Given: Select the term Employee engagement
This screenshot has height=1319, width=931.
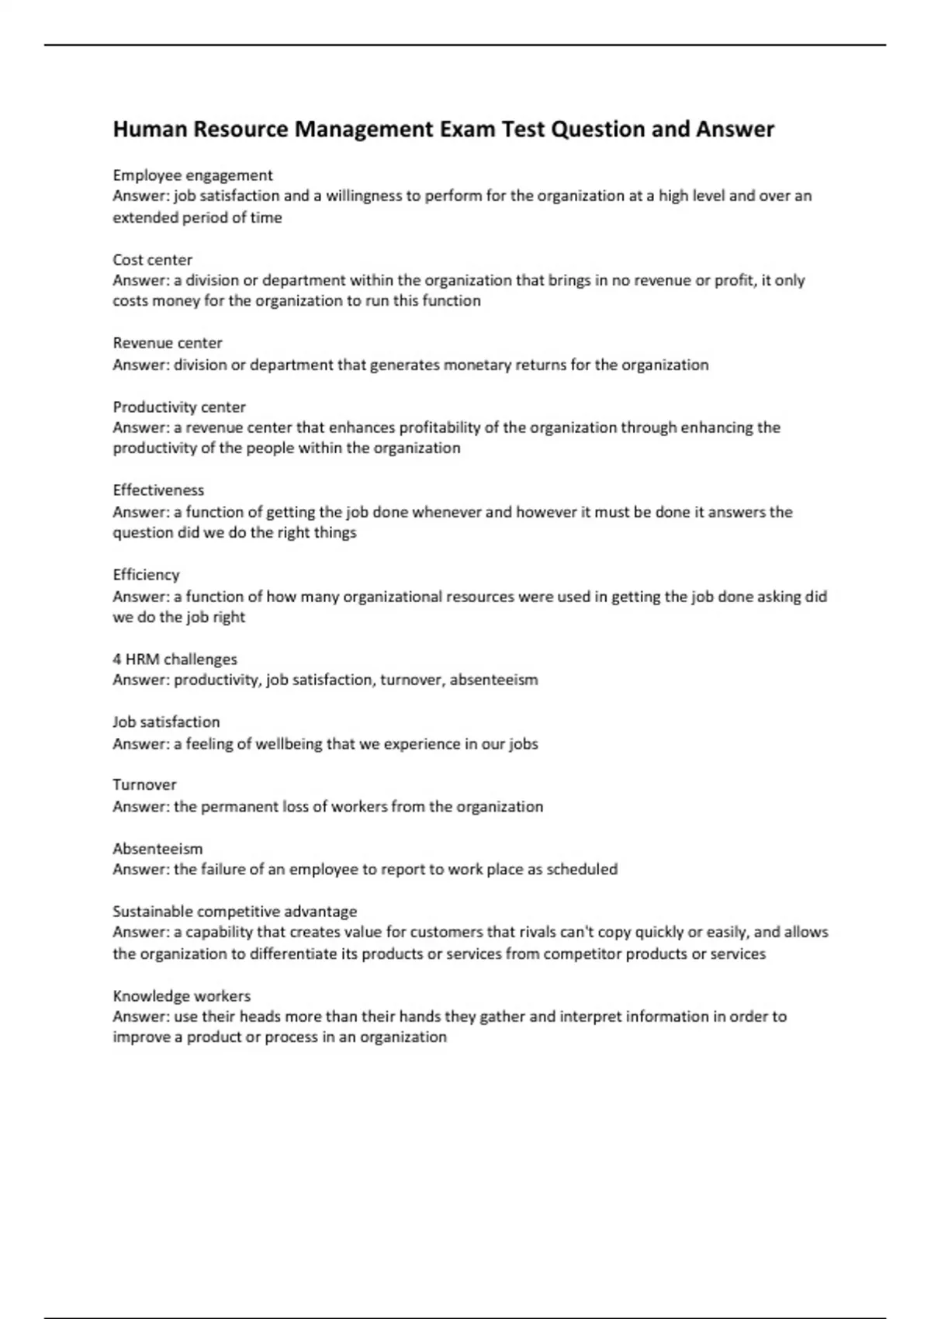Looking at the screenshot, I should coord(192,175).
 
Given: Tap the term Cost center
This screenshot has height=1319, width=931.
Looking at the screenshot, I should coord(152,260).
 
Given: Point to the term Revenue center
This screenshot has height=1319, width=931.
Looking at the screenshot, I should coord(168,343).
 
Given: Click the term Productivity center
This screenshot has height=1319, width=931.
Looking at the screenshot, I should coord(179,407).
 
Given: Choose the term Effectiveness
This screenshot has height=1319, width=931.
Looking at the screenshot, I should coord(158,490).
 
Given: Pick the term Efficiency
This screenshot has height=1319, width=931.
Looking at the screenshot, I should coord(146,575).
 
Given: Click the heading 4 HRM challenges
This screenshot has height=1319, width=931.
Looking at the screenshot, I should coord(175,659).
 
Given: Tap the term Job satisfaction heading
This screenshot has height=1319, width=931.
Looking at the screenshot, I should coord(166,722).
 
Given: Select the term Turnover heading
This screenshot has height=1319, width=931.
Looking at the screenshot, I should coord(144,784).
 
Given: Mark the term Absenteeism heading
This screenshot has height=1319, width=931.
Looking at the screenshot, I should coord(157,849).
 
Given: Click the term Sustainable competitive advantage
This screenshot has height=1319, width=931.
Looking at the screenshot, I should coord(234,912).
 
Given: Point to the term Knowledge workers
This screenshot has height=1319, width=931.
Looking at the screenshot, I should coord(182,996).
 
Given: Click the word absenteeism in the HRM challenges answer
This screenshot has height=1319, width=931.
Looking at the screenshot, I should coord(493,680).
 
